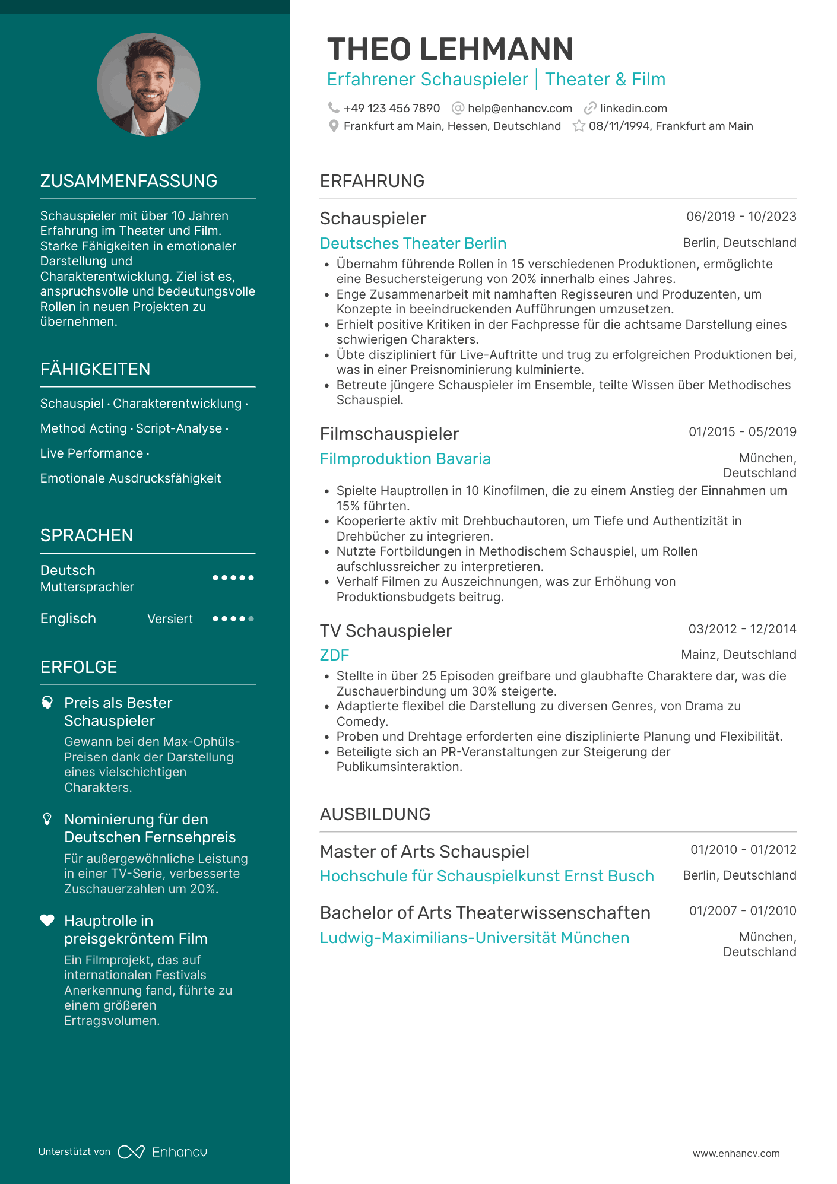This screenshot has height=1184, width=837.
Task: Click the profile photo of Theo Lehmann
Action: tap(148, 85)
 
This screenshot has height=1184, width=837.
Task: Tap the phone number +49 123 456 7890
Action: tap(391, 109)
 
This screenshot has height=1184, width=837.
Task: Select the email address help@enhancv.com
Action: tap(519, 109)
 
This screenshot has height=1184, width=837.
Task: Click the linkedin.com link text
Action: tap(633, 109)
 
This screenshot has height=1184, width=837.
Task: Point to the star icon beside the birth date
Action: tap(579, 126)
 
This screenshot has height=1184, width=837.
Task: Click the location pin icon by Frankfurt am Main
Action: tap(334, 126)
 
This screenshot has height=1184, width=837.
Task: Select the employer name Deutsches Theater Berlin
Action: tap(413, 243)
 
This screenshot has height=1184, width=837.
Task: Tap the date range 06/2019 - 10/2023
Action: tap(741, 217)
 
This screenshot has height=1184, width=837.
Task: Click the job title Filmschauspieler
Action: tap(389, 434)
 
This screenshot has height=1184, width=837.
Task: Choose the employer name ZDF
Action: tap(334, 655)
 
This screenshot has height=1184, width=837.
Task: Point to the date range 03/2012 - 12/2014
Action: tap(742, 629)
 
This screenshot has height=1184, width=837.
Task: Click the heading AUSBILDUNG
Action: tap(375, 814)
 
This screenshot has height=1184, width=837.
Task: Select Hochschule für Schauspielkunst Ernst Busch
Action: tap(487, 876)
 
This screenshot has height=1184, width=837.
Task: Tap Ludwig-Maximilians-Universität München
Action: tap(474, 938)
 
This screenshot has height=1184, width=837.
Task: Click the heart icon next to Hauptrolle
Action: tap(47, 920)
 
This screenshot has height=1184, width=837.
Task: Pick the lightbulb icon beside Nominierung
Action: tap(47, 819)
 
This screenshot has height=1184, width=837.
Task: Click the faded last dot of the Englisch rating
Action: tap(251, 619)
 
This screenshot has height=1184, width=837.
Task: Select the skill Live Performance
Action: tap(91, 453)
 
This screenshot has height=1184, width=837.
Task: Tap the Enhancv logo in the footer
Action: tap(162, 1152)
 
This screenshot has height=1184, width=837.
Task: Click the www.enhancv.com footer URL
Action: tap(736, 1153)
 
